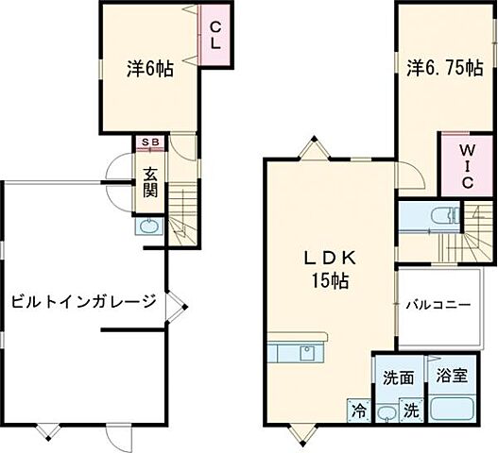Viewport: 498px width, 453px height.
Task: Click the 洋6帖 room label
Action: tap(150, 69)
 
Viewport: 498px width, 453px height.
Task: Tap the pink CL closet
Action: tap(215, 36)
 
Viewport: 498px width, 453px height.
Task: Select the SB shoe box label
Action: tap(149, 143)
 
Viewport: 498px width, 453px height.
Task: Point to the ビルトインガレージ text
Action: tap(83, 302)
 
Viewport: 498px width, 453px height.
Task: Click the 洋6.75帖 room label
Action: tap(446, 68)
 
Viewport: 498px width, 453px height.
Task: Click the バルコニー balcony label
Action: tap(439, 306)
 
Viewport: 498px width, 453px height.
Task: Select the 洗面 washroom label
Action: tap(398, 377)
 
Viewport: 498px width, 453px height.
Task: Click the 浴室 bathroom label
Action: tap(451, 377)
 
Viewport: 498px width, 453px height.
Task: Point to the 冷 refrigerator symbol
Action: tap(359, 410)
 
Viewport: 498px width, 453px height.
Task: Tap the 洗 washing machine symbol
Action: tap(412, 411)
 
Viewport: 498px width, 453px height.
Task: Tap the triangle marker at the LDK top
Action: tap(314, 146)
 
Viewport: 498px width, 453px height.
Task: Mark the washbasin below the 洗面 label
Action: tap(386, 412)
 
